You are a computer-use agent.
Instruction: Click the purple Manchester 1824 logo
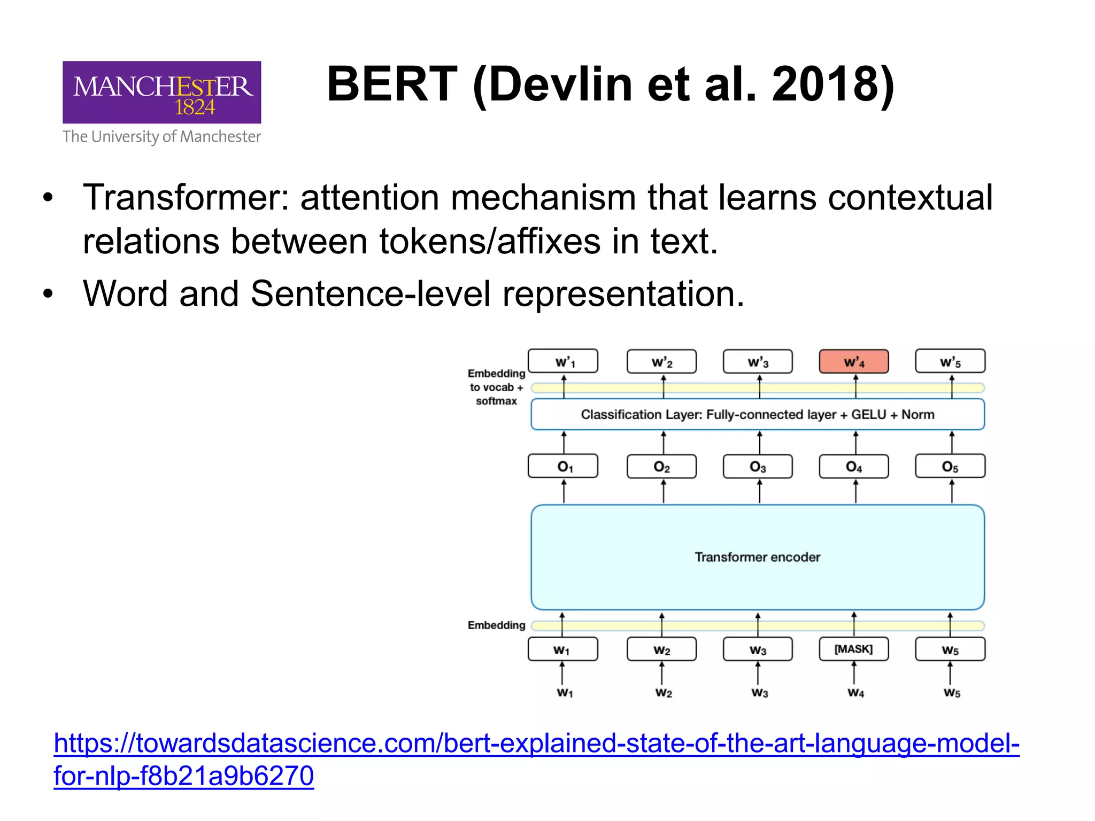point(161,92)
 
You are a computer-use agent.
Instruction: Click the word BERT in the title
point(392,84)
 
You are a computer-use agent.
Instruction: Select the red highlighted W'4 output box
point(854,362)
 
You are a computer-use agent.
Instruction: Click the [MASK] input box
point(854,649)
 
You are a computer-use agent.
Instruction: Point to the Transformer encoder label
point(757,557)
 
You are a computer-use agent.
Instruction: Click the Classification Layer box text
point(757,414)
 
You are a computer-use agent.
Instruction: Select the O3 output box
point(758,467)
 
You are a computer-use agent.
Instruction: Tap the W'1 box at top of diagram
point(563,362)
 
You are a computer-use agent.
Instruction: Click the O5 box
point(950,467)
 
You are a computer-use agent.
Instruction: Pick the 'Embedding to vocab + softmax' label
point(496,387)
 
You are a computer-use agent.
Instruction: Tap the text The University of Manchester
point(161,137)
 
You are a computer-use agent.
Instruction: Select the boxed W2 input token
point(661,649)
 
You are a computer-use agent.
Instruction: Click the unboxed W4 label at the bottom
point(855,693)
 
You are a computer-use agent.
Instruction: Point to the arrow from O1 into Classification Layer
point(564,442)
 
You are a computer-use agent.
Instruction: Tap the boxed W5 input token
point(950,649)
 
